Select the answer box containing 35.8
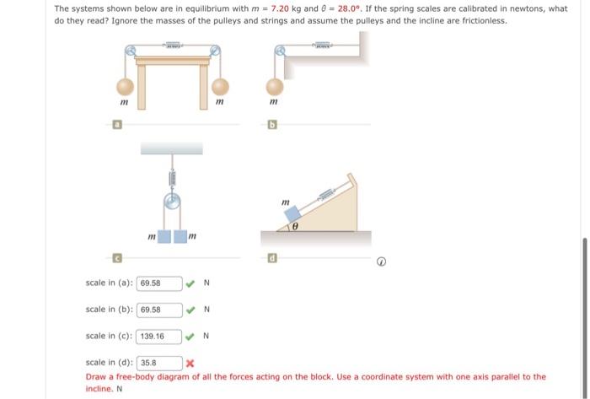pos(159,364)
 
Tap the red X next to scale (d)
pos(190,364)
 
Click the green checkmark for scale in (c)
pos(190,336)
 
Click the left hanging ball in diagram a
pos(125,86)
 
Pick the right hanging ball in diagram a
pos(220,86)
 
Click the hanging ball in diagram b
pos(275,86)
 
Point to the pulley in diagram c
pos(172,202)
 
